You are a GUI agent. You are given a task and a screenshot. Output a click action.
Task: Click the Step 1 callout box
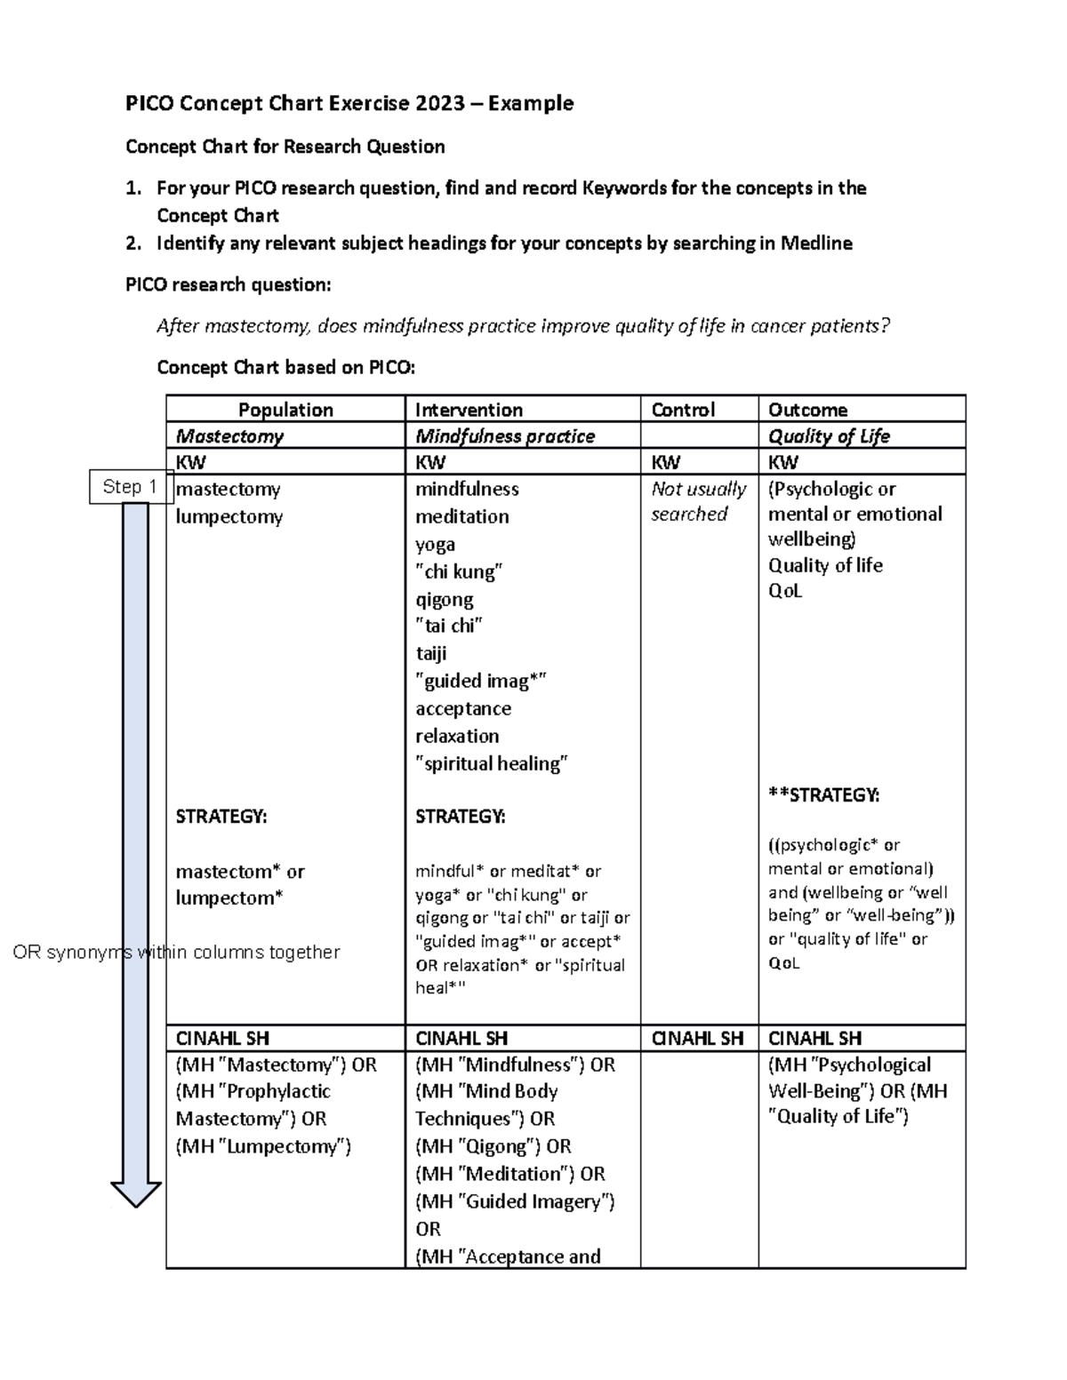tap(130, 487)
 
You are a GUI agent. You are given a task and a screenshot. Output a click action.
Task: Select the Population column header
tap(285, 410)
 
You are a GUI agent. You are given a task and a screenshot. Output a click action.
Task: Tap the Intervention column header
tap(469, 410)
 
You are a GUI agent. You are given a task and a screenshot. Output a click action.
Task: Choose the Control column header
tap(682, 410)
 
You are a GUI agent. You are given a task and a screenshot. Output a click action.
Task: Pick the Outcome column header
tap(807, 410)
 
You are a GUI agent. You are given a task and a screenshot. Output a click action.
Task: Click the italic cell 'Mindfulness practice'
tap(505, 436)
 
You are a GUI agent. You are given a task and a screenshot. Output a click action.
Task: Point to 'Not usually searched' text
tap(698, 501)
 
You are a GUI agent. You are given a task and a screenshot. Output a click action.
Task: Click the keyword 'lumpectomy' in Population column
tap(229, 517)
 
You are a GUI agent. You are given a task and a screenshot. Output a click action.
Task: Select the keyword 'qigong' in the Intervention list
tap(444, 600)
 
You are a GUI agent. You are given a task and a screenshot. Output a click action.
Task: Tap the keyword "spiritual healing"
tap(491, 764)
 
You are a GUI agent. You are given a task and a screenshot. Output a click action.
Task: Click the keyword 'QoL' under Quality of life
tap(785, 591)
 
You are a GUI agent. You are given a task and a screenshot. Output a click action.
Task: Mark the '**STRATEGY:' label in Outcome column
tap(823, 795)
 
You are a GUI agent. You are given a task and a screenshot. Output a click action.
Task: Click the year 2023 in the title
tap(439, 104)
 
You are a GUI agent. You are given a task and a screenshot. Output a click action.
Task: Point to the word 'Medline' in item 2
tap(815, 243)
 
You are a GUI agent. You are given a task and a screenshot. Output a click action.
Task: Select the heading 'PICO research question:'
tap(228, 285)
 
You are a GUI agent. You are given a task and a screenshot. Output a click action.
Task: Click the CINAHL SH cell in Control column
tap(697, 1038)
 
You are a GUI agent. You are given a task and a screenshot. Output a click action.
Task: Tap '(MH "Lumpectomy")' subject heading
tap(263, 1147)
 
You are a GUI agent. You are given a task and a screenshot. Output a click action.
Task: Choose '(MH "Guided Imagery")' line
tap(515, 1202)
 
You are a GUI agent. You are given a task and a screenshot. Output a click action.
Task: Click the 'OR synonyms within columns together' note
tap(176, 953)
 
